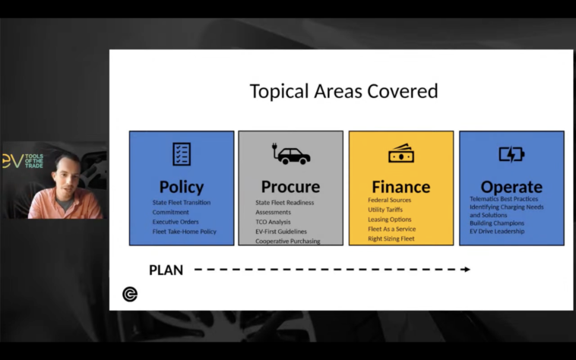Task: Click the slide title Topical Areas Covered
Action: click(x=343, y=91)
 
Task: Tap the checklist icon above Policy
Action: click(x=182, y=154)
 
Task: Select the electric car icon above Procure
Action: click(x=291, y=153)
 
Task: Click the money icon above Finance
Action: click(x=401, y=153)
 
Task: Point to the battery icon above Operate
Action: click(x=511, y=154)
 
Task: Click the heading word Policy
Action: click(x=182, y=187)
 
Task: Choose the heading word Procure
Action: click(x=290, y=187)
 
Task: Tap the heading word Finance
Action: click(x=401, y=187)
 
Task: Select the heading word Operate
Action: click(x=511, y=187)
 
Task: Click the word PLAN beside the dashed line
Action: click(x=166, y=270)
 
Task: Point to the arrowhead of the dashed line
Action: click(x=467, y=270)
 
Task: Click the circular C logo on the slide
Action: click(x=130, y=295)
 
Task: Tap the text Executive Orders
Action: click(x=176, y=222)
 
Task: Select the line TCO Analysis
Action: click(x=273, y=222)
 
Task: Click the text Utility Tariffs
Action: click(x=385, y=210)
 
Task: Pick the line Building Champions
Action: click(x=497, y=223)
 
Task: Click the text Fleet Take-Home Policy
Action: click(x=185, y=232)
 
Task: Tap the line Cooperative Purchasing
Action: click(x=288, y=241)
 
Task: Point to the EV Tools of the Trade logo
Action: click(x=23, y=161)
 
